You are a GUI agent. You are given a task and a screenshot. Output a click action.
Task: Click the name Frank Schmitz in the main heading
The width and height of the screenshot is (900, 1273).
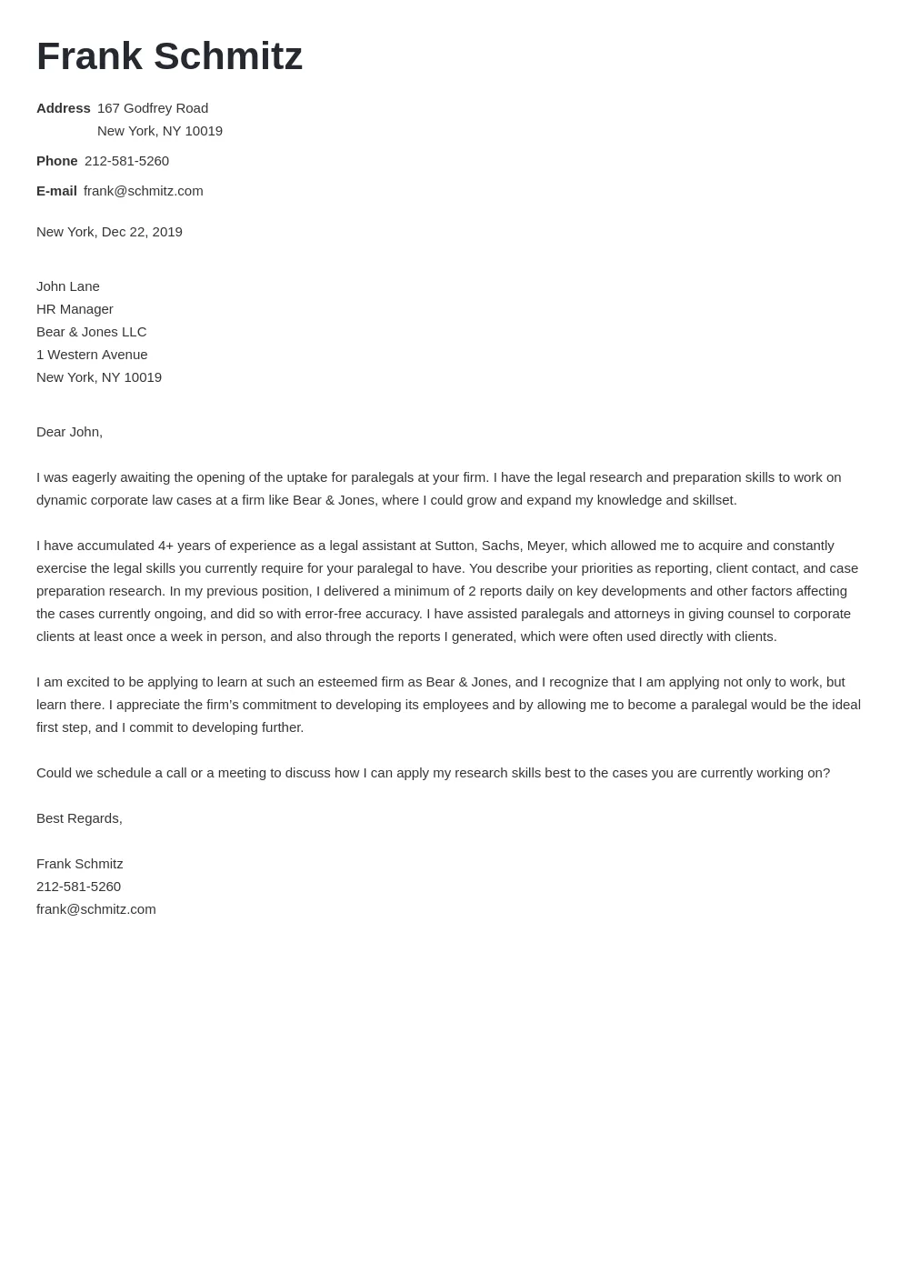169,56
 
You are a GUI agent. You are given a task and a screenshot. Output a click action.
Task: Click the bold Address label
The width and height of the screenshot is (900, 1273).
63,108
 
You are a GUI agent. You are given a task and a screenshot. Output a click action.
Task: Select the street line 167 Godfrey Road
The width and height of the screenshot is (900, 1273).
153,108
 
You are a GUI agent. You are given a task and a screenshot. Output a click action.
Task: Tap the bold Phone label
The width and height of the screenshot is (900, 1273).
56,161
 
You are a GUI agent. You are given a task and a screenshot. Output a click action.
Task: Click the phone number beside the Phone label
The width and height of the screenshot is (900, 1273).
126,161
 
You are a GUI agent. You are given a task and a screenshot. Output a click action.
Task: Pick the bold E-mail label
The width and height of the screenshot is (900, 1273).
56,191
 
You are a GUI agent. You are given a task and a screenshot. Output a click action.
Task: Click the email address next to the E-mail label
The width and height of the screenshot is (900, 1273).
143,191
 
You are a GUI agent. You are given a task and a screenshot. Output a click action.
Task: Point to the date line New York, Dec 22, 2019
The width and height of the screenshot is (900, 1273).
109,232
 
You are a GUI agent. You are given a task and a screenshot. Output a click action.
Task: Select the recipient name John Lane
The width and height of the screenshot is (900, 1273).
68,286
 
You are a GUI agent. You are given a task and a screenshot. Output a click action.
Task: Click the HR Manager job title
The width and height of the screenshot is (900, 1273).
75,309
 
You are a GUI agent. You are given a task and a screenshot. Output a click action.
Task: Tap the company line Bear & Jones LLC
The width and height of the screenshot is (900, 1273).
91,332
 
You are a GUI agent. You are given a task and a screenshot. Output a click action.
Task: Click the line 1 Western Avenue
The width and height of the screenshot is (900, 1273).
92,355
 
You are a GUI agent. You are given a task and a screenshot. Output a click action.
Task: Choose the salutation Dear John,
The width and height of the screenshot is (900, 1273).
69,432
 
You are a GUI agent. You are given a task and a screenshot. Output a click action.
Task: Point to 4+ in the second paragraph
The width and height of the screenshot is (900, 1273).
165,546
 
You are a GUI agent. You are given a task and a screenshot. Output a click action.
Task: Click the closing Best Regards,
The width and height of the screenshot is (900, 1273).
79,818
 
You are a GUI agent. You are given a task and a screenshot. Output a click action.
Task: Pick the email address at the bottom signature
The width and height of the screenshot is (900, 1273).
95,909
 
